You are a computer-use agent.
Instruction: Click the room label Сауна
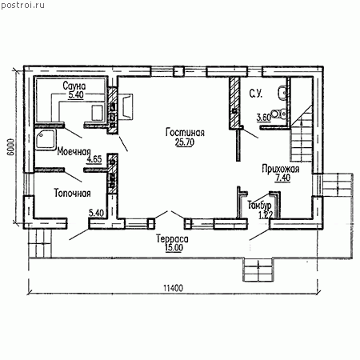pyautogui.click(x=74, y=86)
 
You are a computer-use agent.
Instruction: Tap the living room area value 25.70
pyautogui.click(x=185, y=142)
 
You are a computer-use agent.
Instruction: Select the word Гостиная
pyautogui.click(x=185, y=133)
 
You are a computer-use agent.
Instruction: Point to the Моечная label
pyautogui.click(x=74, y=152)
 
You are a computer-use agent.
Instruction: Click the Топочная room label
pyautogui.click(x=72, y=193)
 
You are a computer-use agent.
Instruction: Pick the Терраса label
pyautogui.click(x=172, y=238)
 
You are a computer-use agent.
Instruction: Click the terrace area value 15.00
pyautogui.click(x=174, y=248)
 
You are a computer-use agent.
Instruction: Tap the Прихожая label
pyautogui.click(x=281, y=169)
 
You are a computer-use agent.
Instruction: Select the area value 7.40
pyautogui.click(x=283, y=178)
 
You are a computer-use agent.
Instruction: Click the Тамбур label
pyautogui.click(x=259, y=205)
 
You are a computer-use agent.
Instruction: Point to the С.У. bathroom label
pyautogui.click(x=256, y=94)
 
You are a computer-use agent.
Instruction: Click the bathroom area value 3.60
pyautogui.click(x=264, y=118)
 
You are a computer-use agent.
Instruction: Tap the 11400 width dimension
pyautogui.click(x=173, y=288)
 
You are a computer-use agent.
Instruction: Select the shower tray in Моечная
pyautogui.click(x=46, y=139)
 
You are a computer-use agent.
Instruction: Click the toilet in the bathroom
pyautogui.click(x=278, y=114)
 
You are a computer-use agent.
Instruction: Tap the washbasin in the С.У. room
pyautogui.click(x=282, y=92)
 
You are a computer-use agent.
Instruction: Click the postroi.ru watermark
pyautogui.click(x=23, y=6)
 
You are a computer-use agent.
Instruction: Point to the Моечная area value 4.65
pyautogui.click(x=94, y=159)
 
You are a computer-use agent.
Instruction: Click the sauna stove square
pyautogui.click(x=98, y=113)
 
